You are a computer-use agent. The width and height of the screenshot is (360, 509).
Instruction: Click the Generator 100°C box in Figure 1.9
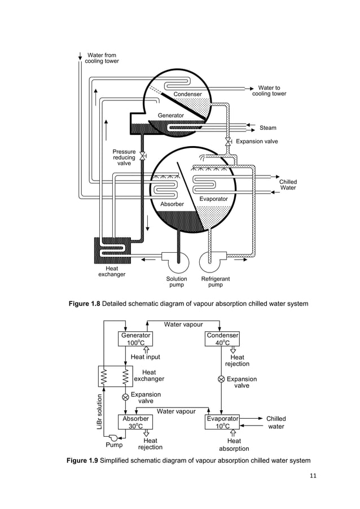click(x=136, y=339)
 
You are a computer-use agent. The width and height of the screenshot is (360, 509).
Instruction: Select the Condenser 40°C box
click(x=222, y=339)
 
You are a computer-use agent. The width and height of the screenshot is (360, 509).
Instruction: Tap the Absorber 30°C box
click(x=136, y=423)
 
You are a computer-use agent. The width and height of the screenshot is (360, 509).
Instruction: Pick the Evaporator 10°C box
click(x=222, y=423)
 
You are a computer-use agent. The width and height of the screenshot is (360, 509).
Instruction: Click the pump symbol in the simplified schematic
click(x=113, y=438)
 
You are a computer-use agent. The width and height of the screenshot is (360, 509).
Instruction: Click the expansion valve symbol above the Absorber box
click(x=125, y=397)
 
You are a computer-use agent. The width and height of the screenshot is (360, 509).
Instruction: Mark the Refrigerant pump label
click(x=216, y=282)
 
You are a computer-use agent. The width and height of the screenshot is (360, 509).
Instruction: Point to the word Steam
click(x=267, y=128)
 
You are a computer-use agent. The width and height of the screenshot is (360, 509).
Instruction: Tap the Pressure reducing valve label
click(x=124, y=157)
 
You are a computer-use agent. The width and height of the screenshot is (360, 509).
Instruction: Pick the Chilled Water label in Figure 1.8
click(x=288, y=185)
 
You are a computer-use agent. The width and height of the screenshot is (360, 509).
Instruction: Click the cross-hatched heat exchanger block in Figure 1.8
click(x=112, y=250)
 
